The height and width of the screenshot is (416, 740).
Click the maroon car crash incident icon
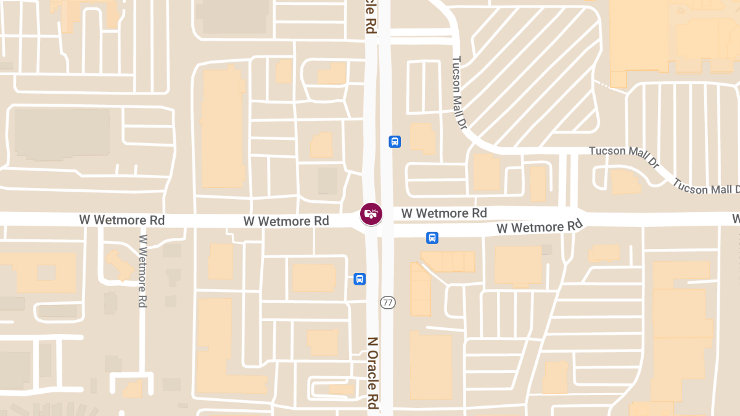(x=371, y=214)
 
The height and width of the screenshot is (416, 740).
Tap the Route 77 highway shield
(x=388, y=302)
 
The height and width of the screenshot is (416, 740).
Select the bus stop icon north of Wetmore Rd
(x=395, y=142)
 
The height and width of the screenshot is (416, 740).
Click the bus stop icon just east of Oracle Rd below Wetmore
(x=432, y=237)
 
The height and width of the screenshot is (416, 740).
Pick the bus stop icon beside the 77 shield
(x=360, y=279)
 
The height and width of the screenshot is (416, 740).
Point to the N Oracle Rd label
(x=372, y=373)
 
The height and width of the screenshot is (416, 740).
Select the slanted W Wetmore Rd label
(x=540, y=227)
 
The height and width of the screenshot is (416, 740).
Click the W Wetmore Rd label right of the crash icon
(x=444, y=213)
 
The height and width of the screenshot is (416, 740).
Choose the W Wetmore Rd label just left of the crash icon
(x=286, y=221)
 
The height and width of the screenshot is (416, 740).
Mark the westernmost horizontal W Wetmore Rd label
(x=121, y=220)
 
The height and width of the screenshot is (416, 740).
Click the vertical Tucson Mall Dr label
(x=458, y=93)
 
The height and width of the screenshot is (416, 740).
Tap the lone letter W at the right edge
(x=736, y=219)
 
